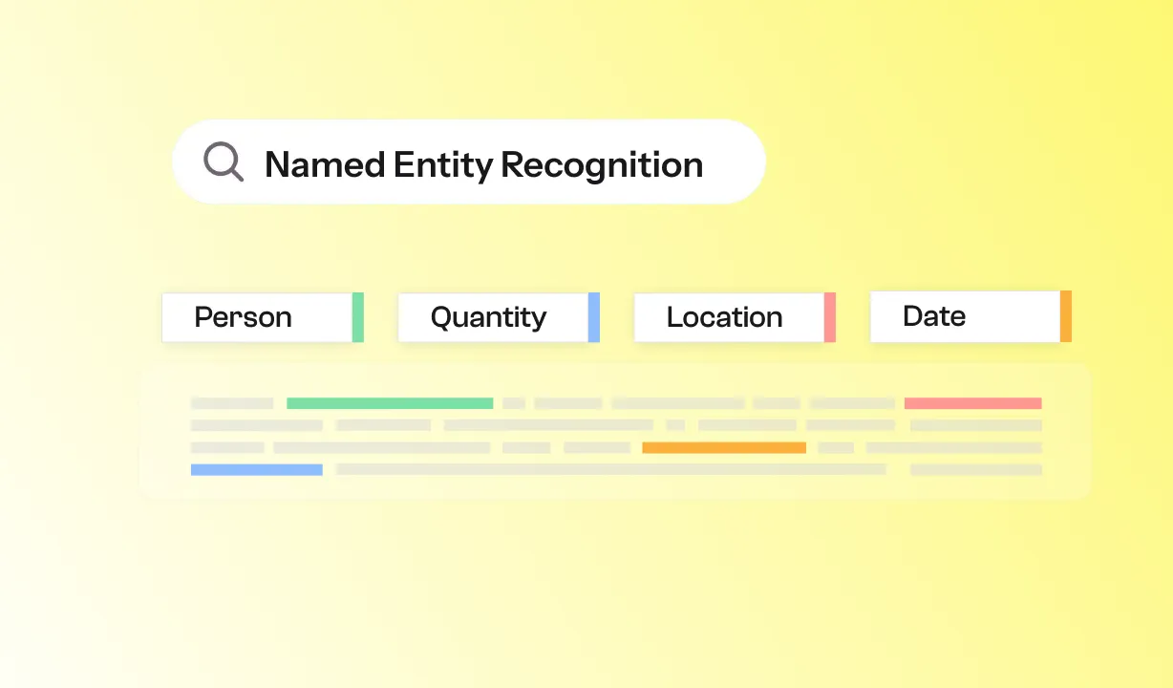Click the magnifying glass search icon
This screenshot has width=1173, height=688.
pos(224,161)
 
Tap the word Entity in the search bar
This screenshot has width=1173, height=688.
pos(443,165)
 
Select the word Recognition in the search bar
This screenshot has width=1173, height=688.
pos(602,165)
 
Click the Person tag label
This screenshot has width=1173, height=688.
pos(243,317)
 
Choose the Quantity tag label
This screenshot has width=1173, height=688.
pos(488,317)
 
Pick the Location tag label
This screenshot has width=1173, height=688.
pos(724,317)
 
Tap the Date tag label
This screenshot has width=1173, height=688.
pos(933,316)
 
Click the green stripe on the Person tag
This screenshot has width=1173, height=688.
pos(358,317)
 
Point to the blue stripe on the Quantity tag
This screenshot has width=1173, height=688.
pos(594,317)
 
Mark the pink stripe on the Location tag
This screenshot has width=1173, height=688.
pos(830,317)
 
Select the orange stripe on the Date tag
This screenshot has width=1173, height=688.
pos(1066,316)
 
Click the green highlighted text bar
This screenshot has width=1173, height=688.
pos(390,403)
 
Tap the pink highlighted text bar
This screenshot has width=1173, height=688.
pos(972,403)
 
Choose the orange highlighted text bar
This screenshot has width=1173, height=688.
pos(724,447)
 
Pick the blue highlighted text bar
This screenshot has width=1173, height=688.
pos(256,469)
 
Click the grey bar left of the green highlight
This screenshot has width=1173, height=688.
pos(232,403)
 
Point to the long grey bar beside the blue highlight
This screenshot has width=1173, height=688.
pos(611,469)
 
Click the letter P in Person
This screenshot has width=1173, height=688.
pos(202,317)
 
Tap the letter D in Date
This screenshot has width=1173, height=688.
pos(911,316)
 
